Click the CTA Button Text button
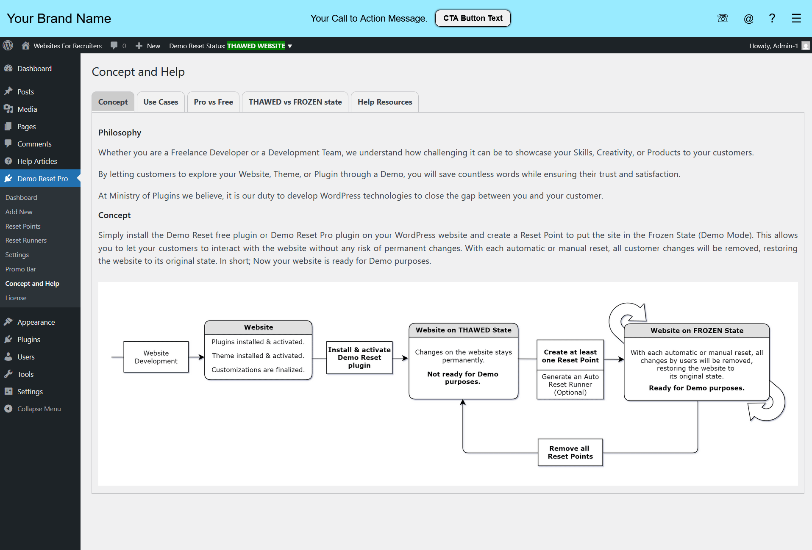[473, 18]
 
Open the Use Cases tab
[161, 102]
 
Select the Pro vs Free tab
[213, 102]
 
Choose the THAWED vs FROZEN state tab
[295, 102]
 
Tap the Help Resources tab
[385, 102]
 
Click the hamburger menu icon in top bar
[796, 18]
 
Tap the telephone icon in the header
[723, 18]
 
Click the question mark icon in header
[772, 18]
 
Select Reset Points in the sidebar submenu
[23, 226]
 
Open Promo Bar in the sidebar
[21, 269]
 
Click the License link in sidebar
[16, 298]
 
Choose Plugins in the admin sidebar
[29, 340]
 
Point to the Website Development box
[156, 357]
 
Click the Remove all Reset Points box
[570, 452]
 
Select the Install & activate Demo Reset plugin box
[359, 357]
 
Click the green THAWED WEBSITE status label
[256, 46]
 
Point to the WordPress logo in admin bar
[8, 45]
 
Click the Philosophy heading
[120, 133]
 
